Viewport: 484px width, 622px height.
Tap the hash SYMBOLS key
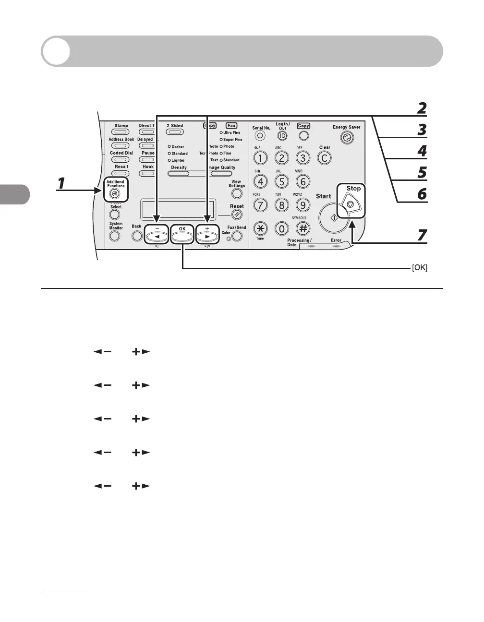(302, 229)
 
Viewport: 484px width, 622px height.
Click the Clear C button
(325, 158)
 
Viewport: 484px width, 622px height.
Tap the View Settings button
(237, 194)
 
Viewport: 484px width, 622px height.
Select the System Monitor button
(114, 236)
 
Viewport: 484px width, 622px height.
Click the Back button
(137, 236)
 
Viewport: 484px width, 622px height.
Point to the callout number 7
(421, 235)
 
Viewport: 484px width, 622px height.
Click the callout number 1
(61, 184)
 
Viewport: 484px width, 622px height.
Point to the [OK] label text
(419, 268)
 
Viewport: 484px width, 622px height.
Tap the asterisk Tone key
(260, 229)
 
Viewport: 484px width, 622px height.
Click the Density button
(179, 173)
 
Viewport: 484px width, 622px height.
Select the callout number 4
(422, 151)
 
